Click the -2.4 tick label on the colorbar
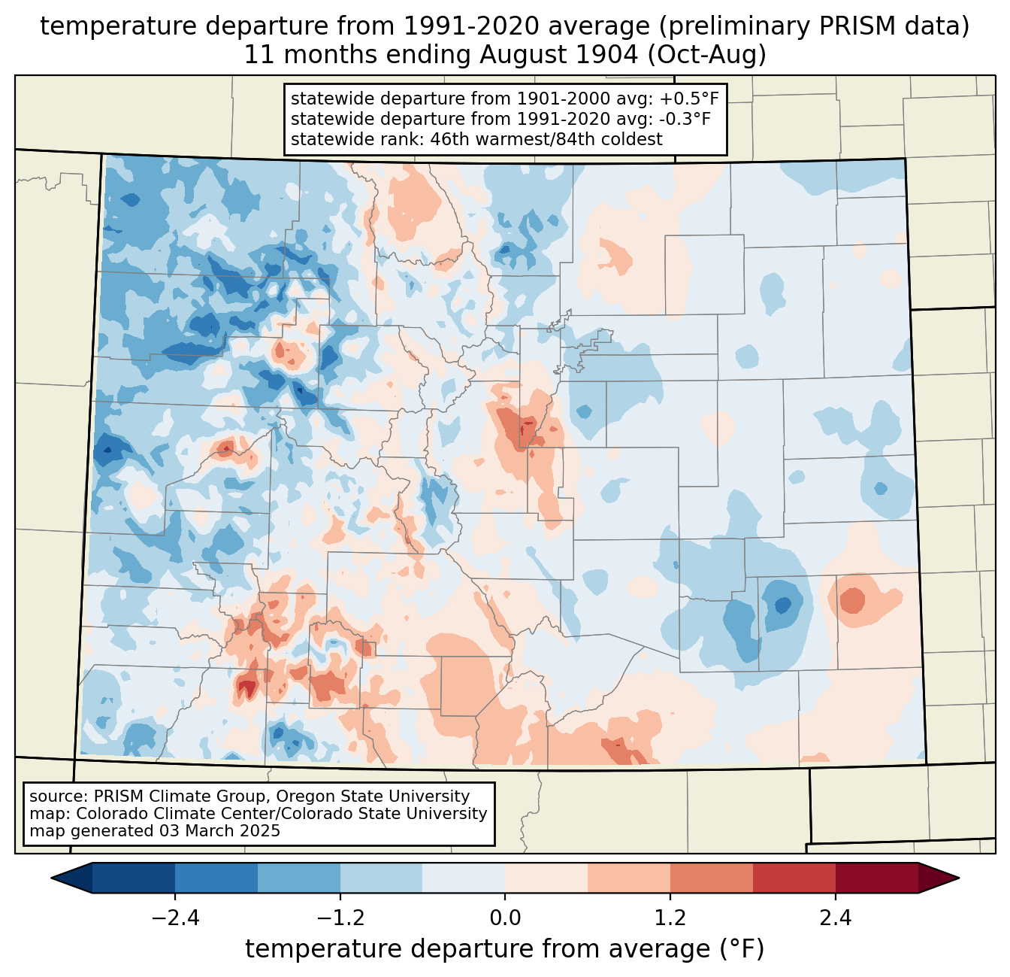coord(175,918)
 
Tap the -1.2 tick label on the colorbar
coord(340,918)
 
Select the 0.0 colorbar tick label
coord(505,918)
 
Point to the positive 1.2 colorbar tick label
coord(670,918)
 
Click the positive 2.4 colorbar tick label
coord(836,918)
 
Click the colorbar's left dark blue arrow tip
coord(51,878)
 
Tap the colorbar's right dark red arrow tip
coord(959,878)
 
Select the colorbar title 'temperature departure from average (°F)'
coord(505,949)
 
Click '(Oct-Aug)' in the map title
coord(707,55)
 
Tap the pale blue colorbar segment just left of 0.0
coord(464,878)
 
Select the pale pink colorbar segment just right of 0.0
coord(546,878)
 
